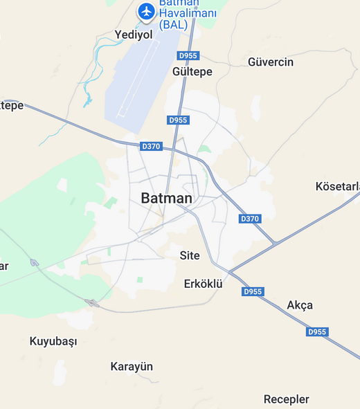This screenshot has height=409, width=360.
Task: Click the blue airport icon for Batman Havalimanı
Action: pyautogui.click(x=146, y=11)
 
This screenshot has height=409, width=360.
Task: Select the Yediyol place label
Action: pyautogui.click(x=133, y=35)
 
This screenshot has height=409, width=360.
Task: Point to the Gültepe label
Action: pyautogui.click(x=192, y=71)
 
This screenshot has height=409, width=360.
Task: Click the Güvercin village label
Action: pyautogui.click(x=271, y=62)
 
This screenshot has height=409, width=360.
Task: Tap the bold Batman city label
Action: pyautogui.click(x=166, y=198)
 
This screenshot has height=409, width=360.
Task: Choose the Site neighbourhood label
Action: pyautogui.click(x=190, y=255)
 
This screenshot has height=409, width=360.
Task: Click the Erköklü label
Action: pyautogui.click(x=203, y=284)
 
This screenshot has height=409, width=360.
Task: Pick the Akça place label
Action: pyautogui.click(x=300, y=305)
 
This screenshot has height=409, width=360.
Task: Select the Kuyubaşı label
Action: pyautogui.click(x=53, y=341)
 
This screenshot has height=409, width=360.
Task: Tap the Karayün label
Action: pyautogui.click(x=132, y=367)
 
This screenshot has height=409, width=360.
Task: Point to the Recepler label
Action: pyautogui.click(x=286, y=399)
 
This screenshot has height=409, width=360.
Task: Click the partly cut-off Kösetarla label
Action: pyautogui.click(x=337, y=187)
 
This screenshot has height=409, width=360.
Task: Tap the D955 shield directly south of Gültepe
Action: pyautogui.click(x=178, y=120)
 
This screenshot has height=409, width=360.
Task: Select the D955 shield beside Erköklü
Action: pyautogui.click(x=253, y=291)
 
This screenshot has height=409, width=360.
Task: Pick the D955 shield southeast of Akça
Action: pyautogui.click(x=317, y=332)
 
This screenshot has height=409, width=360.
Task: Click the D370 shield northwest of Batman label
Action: pyautogui.click(x=150, y=146)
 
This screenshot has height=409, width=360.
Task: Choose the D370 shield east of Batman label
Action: pyautogui.click(x=249, y=219)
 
